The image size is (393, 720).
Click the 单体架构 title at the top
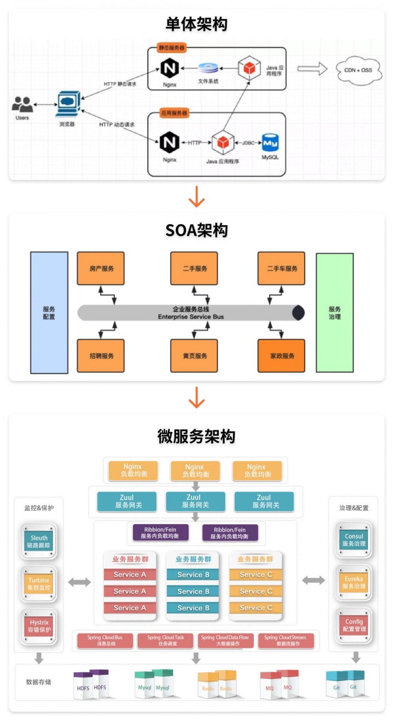196,24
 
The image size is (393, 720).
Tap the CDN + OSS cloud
358,70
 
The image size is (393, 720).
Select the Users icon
22,104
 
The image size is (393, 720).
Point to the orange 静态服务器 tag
171,48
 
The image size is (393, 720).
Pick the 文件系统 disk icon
208,68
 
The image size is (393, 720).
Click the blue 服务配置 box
49,312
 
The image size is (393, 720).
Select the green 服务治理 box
334,312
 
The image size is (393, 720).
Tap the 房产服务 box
101,269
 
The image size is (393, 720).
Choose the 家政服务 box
281,356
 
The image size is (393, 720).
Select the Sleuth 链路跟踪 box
39,541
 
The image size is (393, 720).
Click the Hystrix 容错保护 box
39,626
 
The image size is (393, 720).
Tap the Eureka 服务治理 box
353,582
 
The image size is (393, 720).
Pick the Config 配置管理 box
354,625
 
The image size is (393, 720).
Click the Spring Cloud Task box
165,640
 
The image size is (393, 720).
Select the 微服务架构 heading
196,436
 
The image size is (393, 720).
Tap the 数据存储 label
39,682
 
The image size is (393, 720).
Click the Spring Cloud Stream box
286,640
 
